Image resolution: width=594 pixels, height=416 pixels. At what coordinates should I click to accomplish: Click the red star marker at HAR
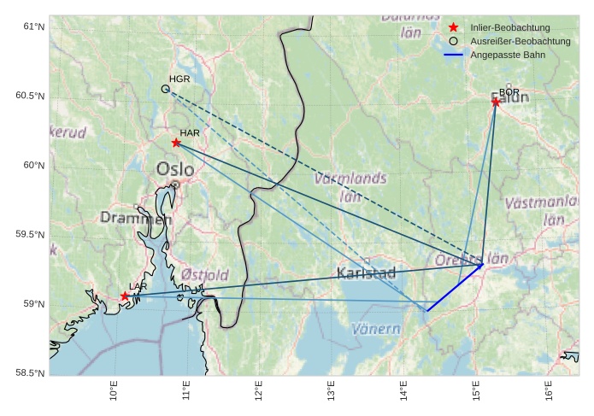(176, 143)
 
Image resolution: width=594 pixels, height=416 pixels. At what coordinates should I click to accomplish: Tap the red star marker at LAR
(125, 296)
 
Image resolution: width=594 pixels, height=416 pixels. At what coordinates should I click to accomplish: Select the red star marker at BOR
(496, 103)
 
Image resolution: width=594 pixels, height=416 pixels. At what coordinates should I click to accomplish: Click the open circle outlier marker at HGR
(166, 89)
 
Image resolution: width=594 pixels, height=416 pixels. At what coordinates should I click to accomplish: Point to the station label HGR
(179, 79)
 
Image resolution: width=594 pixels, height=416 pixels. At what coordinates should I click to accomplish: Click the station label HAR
(190, 133)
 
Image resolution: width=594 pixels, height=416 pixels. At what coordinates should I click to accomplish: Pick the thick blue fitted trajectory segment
(454, 288)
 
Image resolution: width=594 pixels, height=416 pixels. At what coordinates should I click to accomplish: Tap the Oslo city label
(174, 169)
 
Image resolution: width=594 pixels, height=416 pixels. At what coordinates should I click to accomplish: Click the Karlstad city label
(367, 273)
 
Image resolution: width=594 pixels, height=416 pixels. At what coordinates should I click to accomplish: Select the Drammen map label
(136, 219)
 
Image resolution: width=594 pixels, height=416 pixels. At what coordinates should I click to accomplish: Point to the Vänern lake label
(376, 329)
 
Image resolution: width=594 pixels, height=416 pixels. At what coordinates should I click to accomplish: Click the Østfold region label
(204, 275)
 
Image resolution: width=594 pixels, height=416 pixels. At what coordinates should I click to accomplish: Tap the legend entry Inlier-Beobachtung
(510, 27)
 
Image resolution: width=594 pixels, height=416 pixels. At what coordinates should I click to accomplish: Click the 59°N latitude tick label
(34, 304)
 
